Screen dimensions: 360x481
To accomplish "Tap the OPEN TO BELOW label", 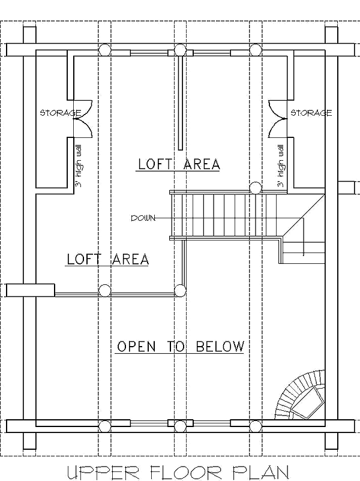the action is click(181, 346).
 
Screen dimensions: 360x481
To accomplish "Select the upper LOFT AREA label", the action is click(179, 164).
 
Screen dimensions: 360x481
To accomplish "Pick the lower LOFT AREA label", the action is click(108, 259).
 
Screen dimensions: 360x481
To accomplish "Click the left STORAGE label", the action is click(61, 113).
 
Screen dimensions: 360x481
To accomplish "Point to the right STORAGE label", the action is click(311, 113).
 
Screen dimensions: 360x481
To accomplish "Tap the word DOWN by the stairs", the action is click(143, 218).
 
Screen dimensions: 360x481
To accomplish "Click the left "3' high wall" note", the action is click(79, 166).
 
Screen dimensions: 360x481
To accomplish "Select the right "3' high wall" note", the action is click(280, 166).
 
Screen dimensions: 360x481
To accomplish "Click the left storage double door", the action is click(83, 118).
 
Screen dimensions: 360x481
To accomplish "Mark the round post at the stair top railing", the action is click(256, 188).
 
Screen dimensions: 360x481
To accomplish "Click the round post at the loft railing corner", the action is click(180, 290).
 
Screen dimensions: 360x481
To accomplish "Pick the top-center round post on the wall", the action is click(180, 50).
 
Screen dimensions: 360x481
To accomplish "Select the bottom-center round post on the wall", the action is click(180, 426).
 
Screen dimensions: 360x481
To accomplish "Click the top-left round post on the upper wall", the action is click(104, 50).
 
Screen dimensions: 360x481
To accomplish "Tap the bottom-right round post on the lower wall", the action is click(256, 426).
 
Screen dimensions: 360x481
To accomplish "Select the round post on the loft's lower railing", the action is click(104, 290).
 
